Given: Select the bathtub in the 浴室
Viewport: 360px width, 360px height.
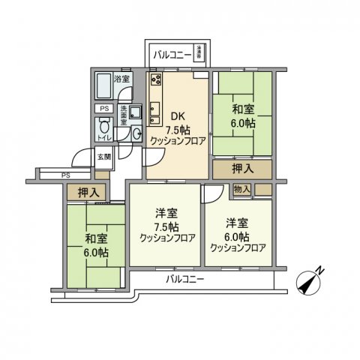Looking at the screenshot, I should point(103,88).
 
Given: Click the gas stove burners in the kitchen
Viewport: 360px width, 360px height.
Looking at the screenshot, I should point(156,80).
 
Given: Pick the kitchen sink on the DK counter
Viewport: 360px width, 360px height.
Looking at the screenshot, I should point(155,110).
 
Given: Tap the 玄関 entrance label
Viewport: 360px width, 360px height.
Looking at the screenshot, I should point(103,157).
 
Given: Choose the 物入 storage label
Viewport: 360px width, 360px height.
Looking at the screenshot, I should point(242,190).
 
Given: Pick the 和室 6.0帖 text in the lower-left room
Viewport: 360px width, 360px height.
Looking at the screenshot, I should point(94,247).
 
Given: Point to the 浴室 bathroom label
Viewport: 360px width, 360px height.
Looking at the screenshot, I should point(121,78).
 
